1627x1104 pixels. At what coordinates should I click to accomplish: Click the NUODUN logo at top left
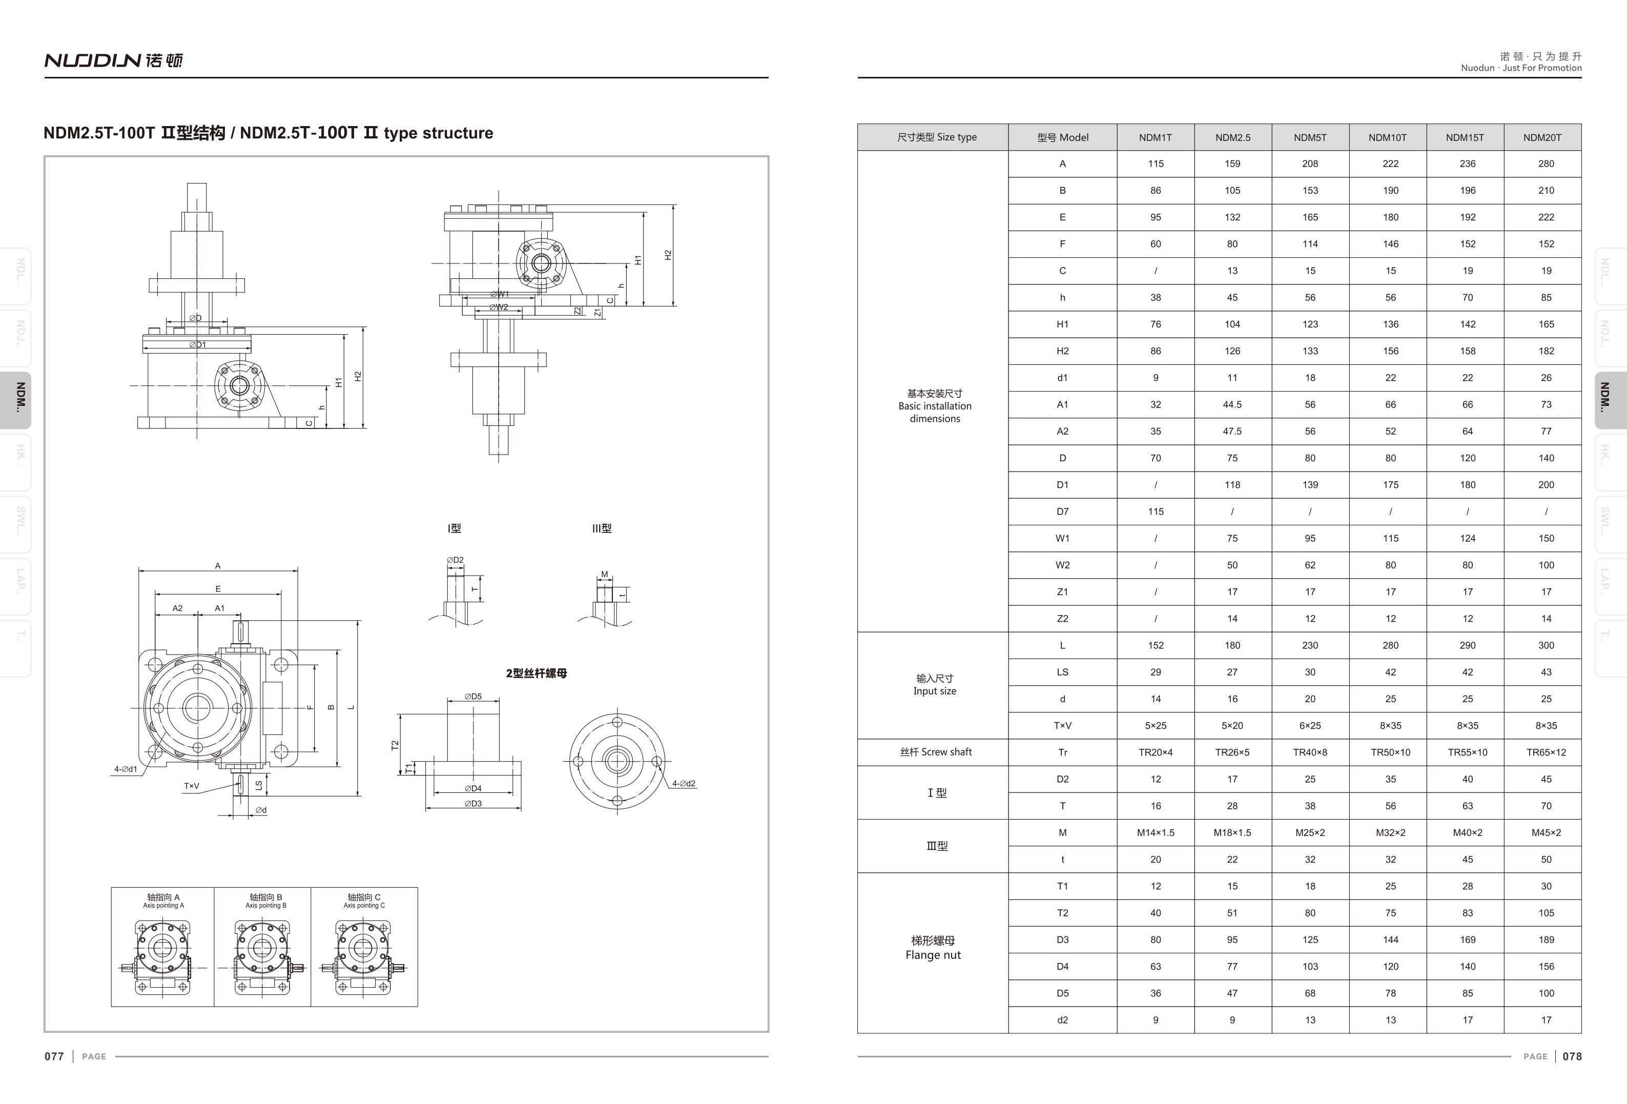coord(113,60)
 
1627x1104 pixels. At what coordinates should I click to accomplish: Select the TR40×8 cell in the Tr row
coord(1309,752)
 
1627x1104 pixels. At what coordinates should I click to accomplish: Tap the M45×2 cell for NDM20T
coord(1546,832)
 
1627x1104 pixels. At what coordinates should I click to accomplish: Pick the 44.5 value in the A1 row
coord(1232,404)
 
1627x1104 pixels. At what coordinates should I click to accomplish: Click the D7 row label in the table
coord(1062,512)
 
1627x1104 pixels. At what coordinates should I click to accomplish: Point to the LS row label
coord(1062,672)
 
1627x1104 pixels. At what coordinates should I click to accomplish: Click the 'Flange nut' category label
coord(933,955)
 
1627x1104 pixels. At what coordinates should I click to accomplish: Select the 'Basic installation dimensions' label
coord(935,406)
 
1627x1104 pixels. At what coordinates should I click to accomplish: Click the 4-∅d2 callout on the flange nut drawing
coord(683,783)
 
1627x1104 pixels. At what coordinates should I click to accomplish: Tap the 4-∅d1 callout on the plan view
coord(126,769)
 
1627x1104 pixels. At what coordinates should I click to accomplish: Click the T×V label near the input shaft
coord(191,786)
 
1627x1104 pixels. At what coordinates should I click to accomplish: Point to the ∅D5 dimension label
coord(473,697)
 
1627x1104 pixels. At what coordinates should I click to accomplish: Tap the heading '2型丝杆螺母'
coord(536,673)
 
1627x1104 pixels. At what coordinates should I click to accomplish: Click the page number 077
coord(54,1056)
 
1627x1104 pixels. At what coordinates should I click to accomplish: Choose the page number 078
coord(1572,1056)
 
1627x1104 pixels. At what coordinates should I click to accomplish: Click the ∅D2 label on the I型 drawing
coord(455,560)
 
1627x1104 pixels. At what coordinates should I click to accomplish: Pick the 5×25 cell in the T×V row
coord(1155,725)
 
